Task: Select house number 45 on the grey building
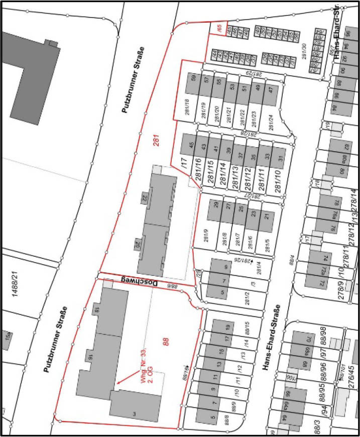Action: (x=191, y=145)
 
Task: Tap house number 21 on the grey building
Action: (x=267, y=216)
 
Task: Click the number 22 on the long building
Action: (x=145, y=198)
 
